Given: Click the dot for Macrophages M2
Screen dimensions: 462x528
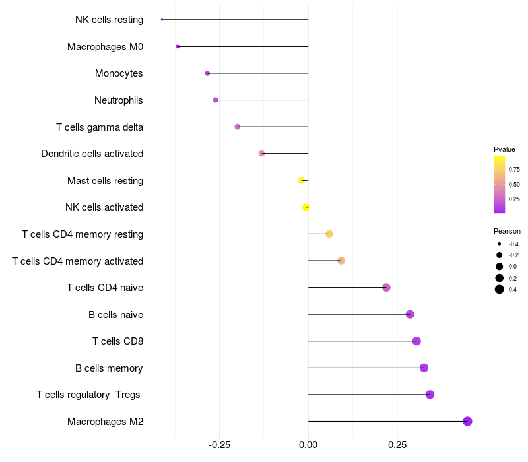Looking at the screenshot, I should (467, 421).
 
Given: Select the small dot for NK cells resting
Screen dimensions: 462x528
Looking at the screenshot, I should (162, 20).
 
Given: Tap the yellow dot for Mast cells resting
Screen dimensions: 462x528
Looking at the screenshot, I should (302, 180).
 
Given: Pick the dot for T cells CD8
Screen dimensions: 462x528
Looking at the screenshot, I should (416, 341).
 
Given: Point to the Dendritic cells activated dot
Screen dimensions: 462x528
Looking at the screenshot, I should (261, 153).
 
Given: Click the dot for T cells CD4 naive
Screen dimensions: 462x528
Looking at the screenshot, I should (386, 287).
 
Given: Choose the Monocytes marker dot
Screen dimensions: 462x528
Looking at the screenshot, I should (207, 73).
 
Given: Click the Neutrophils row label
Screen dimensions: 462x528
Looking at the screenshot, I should (119, 100).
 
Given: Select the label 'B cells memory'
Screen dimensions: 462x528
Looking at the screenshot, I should (109, 368).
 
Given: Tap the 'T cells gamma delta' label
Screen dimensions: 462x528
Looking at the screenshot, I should (100, 127).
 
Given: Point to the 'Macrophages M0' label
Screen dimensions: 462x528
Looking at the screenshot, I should (105, 47).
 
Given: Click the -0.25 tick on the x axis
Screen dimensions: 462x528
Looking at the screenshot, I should (219, 445).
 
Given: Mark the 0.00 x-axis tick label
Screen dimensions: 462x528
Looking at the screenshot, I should (308, 445).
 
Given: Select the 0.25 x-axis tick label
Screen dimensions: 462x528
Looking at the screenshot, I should (397, 445).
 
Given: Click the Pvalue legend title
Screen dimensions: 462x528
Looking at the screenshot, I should (504, 149).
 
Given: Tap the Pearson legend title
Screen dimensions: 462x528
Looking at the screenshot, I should (507, 231).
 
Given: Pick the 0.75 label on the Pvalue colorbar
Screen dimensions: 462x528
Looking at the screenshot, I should (514, 170).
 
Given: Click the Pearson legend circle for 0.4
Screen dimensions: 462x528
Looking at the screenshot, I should (500, 289).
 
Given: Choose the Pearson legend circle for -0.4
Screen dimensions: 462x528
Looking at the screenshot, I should (500, 244).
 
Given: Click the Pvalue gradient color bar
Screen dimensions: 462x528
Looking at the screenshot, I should (500, 185).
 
